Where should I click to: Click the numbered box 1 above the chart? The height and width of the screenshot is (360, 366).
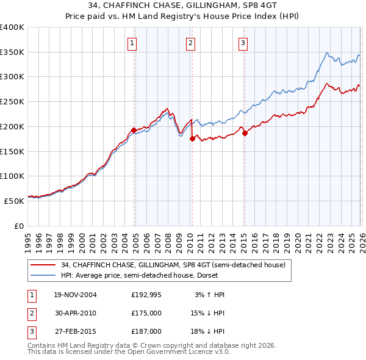[x=132, y=43]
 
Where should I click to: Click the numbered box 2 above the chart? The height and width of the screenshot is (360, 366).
[x=191, y=43]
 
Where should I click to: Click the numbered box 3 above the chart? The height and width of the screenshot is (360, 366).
[x=243, y=43]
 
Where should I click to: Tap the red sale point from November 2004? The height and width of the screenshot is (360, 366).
[x=134, y=130]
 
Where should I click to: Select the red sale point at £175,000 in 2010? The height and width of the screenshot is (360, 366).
[x=192, y=139]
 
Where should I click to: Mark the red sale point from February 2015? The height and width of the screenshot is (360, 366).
[x=245, y=133]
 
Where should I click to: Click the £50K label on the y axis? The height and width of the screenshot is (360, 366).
[x=15, y=200]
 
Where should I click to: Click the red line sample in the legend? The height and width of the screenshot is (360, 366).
[x=43, y=265]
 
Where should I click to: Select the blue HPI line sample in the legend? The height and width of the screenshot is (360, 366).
[x=43, y=275]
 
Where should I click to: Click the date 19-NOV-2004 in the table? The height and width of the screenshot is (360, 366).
[x=75, y=295]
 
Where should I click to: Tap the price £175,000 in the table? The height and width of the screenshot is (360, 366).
[x=146, y=313]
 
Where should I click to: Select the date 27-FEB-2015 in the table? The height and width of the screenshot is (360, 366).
[x=75, y=331]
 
